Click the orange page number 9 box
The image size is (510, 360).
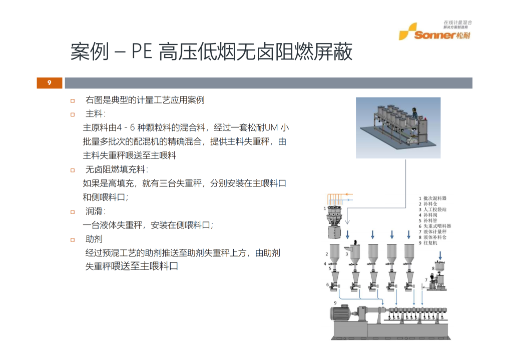pyautogui.click(x=49, y=83)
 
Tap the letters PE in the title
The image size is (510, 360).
pyautogui.click(x=142, y=52)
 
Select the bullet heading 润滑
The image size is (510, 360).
pyautogui.click(x=95, y=211)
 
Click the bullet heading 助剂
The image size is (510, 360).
pyautogui.click(x=94, y=239)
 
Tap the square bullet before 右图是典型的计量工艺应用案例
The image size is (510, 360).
pyautogui.click(x=73, y=100)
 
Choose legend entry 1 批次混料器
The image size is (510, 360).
pyautogui.click(x=434, y=198)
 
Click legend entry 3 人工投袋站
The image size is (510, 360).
pyautogui.click(x=434, y=209)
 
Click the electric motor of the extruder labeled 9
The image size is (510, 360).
pyautogui.click(x=342, y=313)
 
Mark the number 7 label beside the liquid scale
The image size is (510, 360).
pyautogui.click(x=426, y=278)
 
